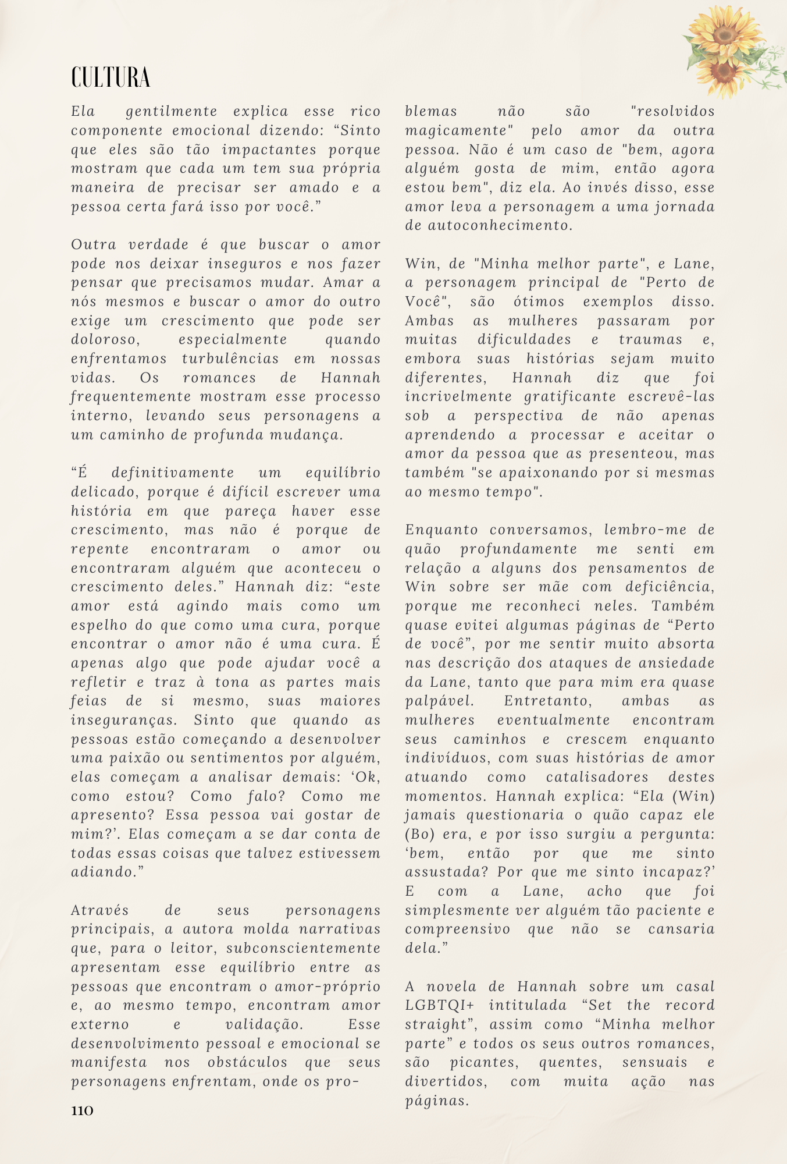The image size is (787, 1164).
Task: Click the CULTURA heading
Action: click(111, 77)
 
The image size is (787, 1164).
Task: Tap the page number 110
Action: click(82, 1110)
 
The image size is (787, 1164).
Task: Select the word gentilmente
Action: click(172, 111)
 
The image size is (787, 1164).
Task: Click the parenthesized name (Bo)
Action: click(419, 834)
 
